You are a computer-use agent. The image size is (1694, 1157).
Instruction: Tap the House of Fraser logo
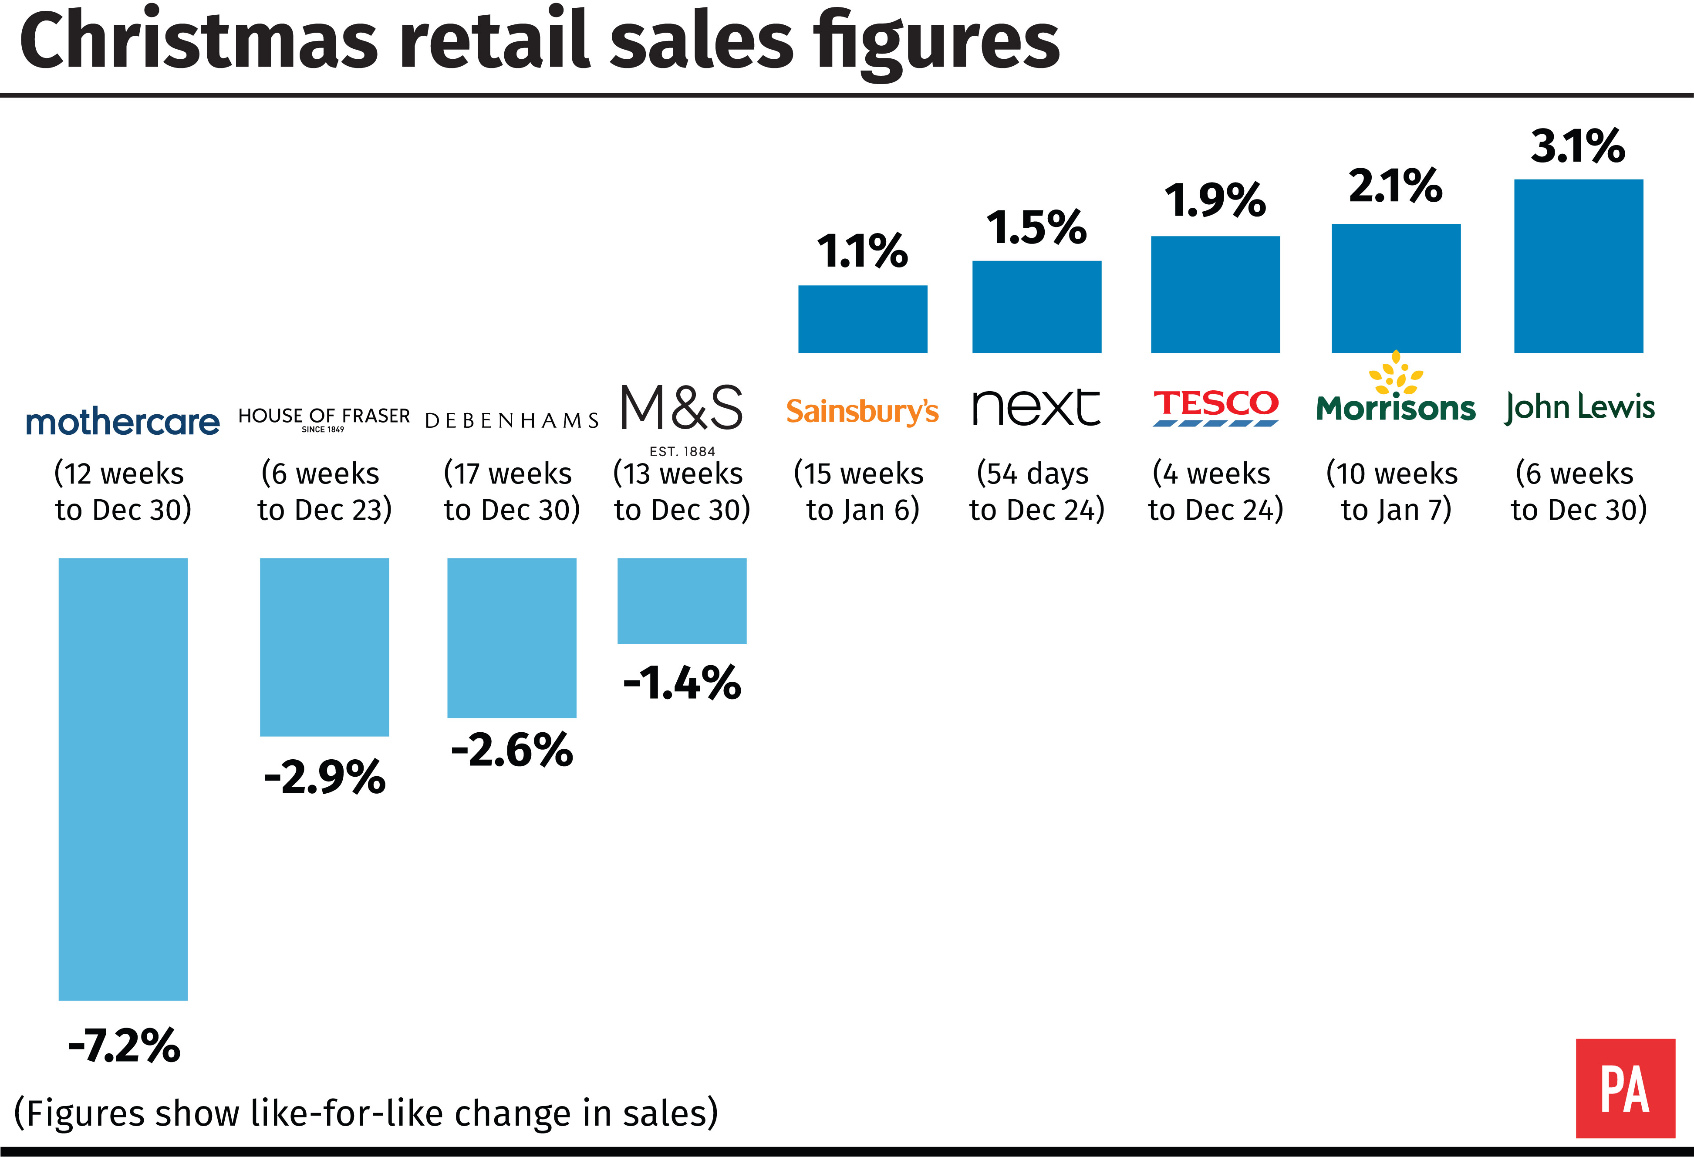324,419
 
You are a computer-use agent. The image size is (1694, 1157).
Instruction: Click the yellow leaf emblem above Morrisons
1396,372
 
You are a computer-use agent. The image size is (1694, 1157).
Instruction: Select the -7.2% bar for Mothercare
123,779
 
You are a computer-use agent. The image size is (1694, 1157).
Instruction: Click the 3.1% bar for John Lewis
1579,266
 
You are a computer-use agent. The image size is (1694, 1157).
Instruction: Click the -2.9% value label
324,777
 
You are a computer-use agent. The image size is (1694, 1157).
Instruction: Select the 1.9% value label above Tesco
1215,200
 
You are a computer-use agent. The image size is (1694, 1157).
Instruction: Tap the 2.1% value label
1396,186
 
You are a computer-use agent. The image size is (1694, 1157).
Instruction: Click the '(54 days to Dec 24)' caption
1036,491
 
